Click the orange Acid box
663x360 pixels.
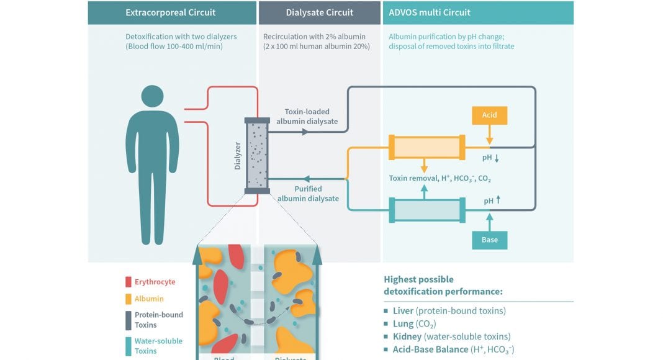pos(489,115)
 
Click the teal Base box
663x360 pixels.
pos(489,240)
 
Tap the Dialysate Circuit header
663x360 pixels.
pos(319,12)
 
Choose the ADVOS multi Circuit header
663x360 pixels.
pos(430,12)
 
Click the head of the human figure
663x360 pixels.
pos(152,96)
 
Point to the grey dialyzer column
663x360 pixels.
pos(257,155)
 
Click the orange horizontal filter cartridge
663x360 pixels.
pos(426,148)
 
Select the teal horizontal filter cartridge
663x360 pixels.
pos(426,209)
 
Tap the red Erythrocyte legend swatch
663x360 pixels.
pos(128,282)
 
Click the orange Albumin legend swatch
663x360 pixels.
pos(128,299)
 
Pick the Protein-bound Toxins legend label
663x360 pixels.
pos(159,320)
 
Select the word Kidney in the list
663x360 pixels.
pos(407,336)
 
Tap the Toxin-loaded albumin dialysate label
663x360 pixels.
pos(309,117)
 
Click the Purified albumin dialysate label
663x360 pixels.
pos(309,194)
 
